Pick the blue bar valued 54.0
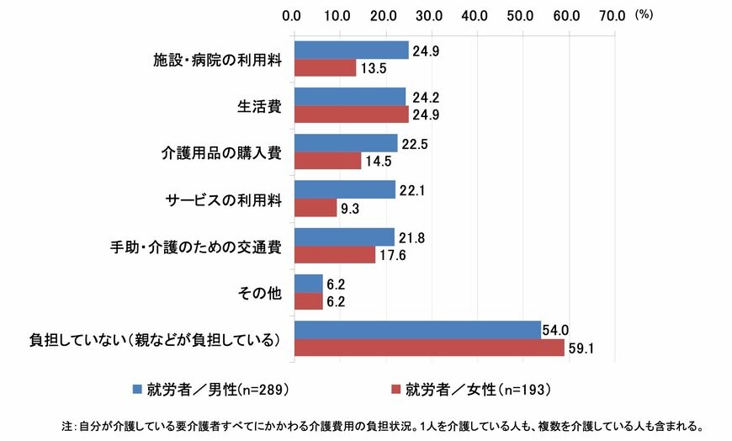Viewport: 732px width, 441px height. point(416,330)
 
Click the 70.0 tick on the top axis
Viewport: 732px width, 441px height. point(613,14)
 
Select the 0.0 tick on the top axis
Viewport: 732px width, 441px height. point(293,14)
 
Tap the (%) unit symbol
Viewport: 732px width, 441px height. point(644,14)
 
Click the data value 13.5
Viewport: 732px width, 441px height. point(373,69)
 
